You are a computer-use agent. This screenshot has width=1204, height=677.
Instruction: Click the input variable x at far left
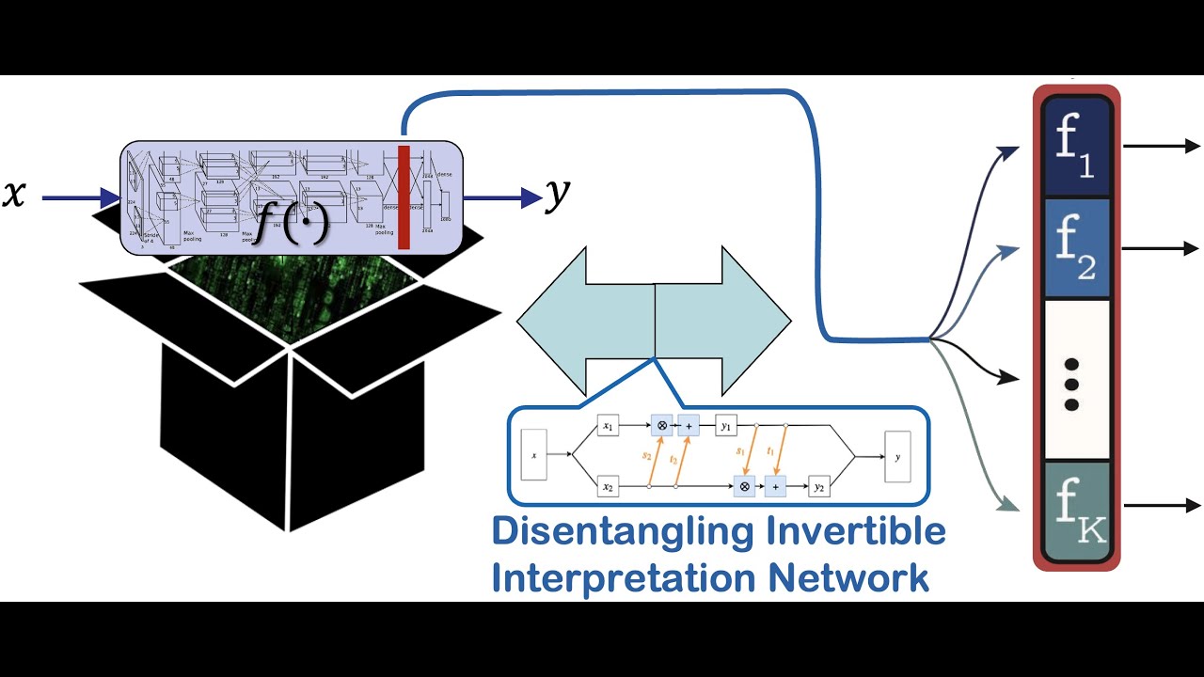[x=14, y=196]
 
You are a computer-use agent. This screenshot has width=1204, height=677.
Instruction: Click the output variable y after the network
[x=558, y=196]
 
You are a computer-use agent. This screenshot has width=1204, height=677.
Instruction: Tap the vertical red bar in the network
[x=404, y=197]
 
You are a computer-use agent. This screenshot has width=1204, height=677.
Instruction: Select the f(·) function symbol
[x=293, y=223]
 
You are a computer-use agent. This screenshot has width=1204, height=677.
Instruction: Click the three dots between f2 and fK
[x=1070, y=385]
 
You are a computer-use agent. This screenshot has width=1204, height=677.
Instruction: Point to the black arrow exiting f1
[x=1163, y=146]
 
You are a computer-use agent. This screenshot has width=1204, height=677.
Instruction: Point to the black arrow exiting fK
[x=1163, y=505]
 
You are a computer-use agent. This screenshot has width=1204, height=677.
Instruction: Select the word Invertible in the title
[x=856, y=531]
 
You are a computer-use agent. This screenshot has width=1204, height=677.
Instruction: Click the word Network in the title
[x=856, y=576]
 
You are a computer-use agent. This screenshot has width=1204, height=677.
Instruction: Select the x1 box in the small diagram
[x=608, y=427]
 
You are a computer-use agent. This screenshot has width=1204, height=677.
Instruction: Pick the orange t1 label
[x=770, y=452]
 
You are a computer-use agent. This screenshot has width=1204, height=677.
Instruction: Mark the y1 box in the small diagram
[x=726, y=427]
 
